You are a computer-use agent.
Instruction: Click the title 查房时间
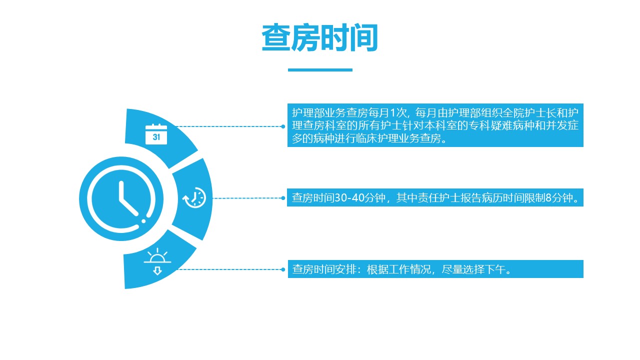[x=320, y=37]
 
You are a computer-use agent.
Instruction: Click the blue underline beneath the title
[x=320, y=69]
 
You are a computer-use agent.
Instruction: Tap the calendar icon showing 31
[x=156, y=134]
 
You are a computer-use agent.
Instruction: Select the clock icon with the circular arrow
[x=194, y=197]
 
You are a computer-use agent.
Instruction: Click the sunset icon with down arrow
[x=157, y=261]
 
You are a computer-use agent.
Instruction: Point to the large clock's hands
[x=128, y=199]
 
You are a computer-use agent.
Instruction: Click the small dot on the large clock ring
[x=143, y=221]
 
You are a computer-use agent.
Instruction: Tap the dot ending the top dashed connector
[x=283, y=126]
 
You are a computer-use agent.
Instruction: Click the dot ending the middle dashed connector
[x=283, y=198]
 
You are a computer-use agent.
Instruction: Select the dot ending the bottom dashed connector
[x=283, y=269]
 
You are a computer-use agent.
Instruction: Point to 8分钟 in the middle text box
[x=559, y=197]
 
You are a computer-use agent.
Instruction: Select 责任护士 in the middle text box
[x=439, y=197]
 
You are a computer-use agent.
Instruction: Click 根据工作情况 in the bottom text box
[x=398, y=269]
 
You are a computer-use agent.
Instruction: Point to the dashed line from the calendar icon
[x=228, y=126]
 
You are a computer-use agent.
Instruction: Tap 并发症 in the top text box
[x=562, y=125]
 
